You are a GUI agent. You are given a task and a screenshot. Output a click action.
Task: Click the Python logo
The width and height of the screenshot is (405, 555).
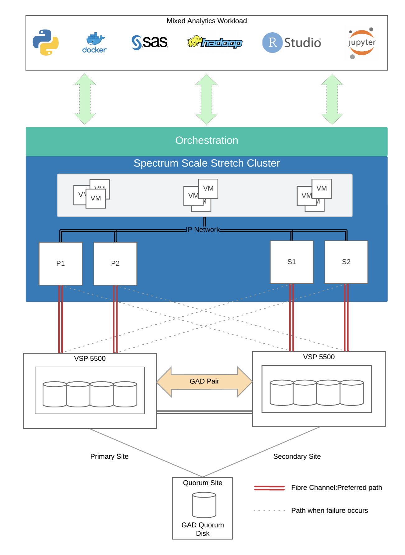[46, 43]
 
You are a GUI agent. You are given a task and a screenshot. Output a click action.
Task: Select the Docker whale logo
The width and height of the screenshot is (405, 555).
[95, 43]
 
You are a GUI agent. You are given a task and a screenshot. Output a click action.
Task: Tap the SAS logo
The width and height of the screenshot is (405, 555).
[150, 42]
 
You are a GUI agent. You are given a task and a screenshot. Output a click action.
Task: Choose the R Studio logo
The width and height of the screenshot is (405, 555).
[291, 43]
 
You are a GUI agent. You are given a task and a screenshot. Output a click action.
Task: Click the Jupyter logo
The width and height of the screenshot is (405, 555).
[361, 43]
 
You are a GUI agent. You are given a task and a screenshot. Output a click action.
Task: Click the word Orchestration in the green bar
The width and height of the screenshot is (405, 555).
[207, 140]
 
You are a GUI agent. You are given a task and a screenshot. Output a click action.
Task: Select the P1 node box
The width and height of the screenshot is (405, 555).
[61, 264]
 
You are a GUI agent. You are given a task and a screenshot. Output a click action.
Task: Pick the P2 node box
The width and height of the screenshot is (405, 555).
[115, 264]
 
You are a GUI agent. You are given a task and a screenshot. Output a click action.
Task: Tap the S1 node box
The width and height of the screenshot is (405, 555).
[291, 262]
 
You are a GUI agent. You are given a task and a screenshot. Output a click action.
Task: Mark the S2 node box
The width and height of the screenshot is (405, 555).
[346, 262]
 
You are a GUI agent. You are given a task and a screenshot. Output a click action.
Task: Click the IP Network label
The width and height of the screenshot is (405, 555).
[203, 230]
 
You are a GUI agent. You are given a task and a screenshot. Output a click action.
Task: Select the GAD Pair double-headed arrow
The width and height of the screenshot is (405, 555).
[204, 382]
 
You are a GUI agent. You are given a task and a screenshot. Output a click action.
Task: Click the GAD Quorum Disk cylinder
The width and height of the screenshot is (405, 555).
[204, 505]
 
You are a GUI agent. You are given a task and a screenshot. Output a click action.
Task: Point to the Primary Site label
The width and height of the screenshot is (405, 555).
[109, 456]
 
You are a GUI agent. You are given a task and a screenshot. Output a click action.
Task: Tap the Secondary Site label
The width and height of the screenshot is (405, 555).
[297, 456]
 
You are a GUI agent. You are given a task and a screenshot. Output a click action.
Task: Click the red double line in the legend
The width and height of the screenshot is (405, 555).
[269, 488]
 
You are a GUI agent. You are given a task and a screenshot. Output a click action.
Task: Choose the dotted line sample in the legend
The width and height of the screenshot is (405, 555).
[269, 510]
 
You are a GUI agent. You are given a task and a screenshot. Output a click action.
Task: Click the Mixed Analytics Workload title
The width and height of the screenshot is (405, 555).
[207, 21]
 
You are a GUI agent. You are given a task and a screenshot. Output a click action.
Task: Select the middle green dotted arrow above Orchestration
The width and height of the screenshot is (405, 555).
[207, 99]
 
